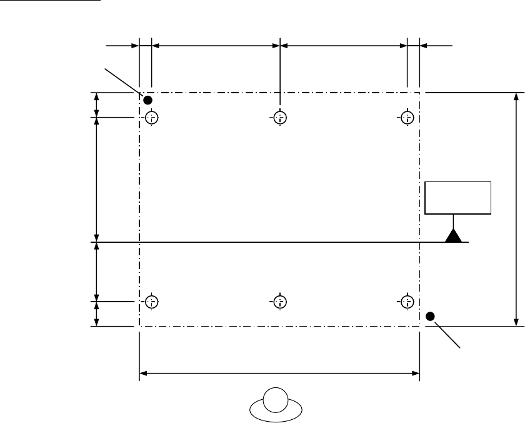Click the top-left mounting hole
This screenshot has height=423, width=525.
(151, 117)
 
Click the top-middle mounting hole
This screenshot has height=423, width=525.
(280, 117)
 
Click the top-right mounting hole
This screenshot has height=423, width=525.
(407, 117)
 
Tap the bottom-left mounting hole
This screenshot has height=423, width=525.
(151, 302)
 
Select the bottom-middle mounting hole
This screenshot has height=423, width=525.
(280, 302)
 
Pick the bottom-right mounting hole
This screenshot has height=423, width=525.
(407, 302)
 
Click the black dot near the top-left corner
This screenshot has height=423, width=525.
(148, 100)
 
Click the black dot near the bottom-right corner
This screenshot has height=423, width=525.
(430, 316)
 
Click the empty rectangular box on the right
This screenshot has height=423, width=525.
(458, 197)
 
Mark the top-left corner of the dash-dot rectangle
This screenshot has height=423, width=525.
(138, 93)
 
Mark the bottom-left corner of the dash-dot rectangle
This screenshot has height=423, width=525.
(138, 326)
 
